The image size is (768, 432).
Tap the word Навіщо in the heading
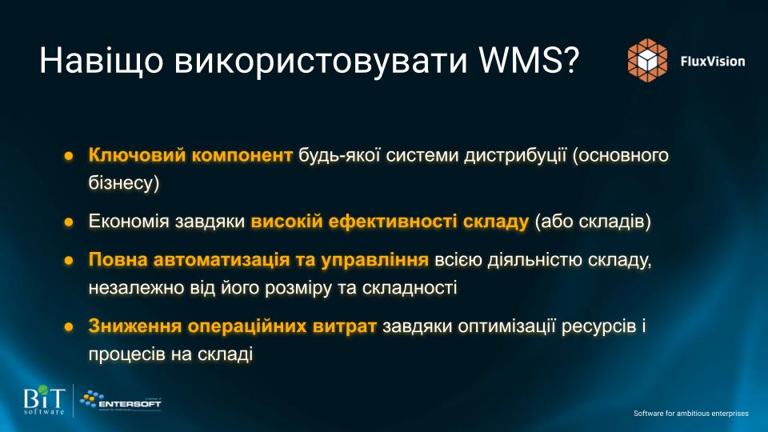point(102,62)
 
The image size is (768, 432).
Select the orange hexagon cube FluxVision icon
point(647,60)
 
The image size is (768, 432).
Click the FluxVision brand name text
point(713,62)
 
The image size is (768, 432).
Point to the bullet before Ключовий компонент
point(69,156)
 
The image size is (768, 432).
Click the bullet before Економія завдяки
point(69,222)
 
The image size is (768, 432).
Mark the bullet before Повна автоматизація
point(69,260)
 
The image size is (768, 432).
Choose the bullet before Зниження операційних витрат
point(69,326)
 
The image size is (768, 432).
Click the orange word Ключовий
point(137,154)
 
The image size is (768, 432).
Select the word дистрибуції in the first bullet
point(515,155)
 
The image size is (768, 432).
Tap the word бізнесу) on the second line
point(124,182)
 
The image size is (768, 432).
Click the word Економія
point(129,222)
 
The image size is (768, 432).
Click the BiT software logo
point(44,400)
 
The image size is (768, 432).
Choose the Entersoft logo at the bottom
point(121,401)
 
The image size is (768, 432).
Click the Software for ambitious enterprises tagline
point(691,414)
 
